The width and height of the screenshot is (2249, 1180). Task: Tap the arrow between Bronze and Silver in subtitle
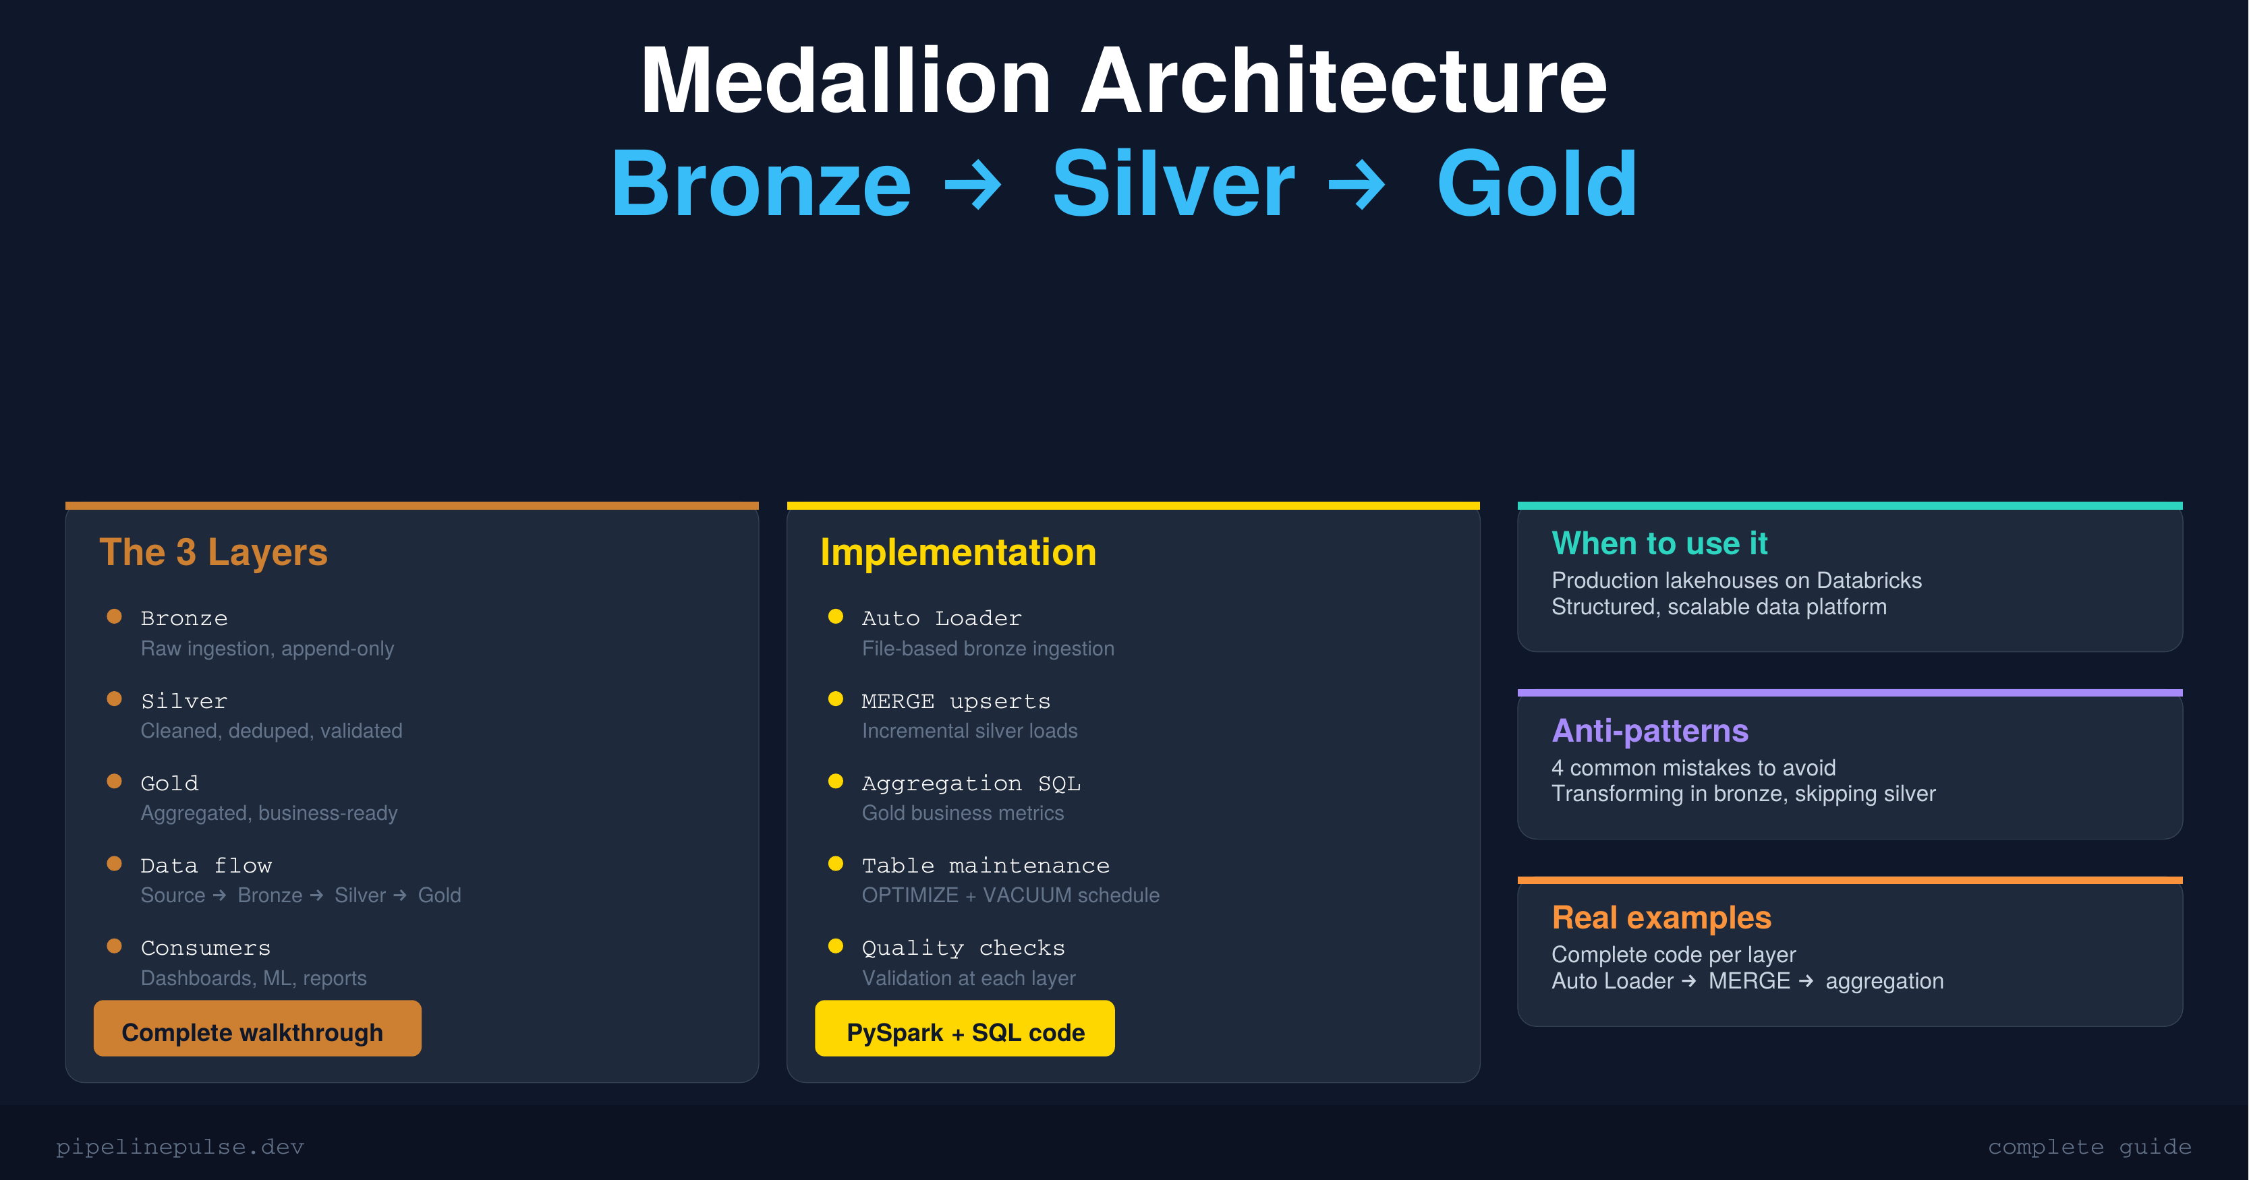[974, 184]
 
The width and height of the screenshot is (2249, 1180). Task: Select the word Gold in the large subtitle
[1536, 184]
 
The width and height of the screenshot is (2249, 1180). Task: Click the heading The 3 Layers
[213, 552]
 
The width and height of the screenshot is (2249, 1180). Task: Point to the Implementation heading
[958, 552]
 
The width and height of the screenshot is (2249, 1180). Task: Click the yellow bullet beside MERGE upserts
[836, 699]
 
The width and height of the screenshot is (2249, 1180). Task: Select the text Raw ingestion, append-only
[267, 649]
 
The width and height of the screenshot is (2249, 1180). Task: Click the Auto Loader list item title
[941, 618]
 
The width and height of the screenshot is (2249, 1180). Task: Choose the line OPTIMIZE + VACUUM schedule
[1010, 895]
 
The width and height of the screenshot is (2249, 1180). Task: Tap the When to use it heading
[1659, 543]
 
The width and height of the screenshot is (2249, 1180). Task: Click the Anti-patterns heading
[1649, 730]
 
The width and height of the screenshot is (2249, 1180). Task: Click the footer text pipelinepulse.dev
[180, 1147]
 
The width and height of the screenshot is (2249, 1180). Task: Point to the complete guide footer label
[2089, 1147]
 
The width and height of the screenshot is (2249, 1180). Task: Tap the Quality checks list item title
[963, 948]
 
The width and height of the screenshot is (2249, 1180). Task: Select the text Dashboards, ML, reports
[253, 978]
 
